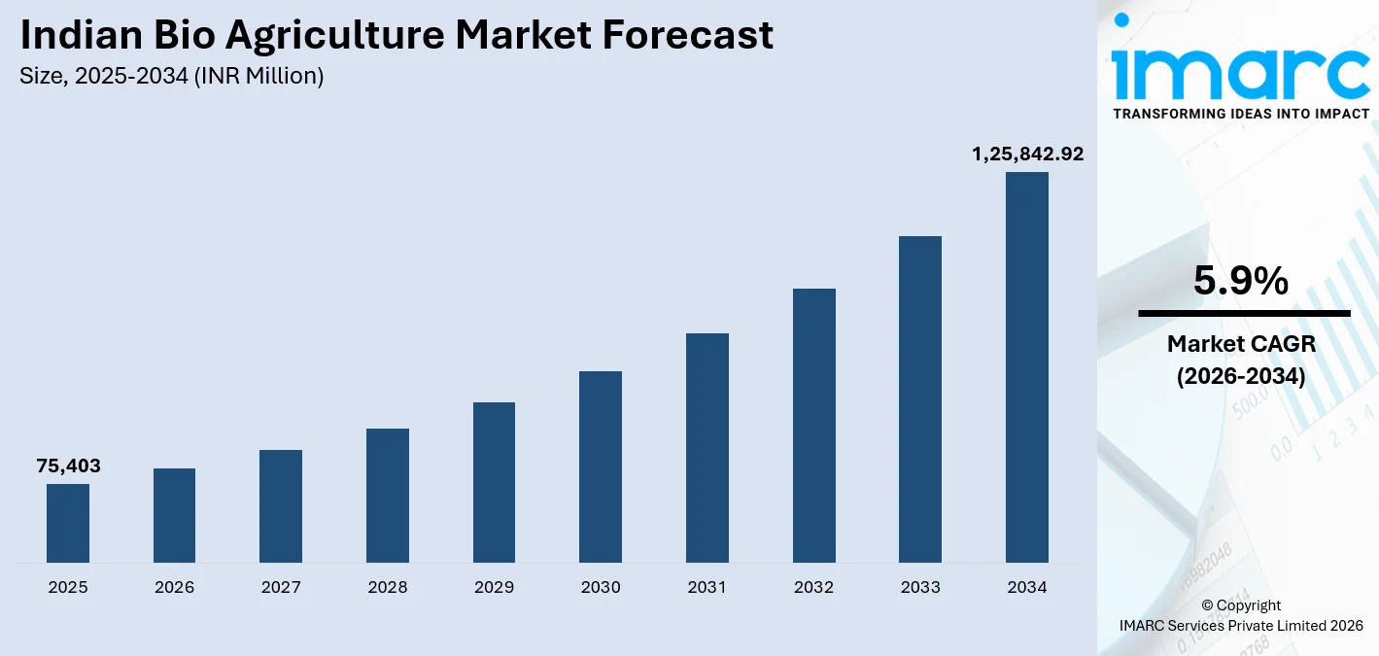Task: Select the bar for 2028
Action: point(388,496)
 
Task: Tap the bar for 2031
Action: point(707,448)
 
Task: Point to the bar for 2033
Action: point(920,399)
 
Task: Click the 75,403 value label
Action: point(68,466)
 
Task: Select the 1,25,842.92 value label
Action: point(1027,154)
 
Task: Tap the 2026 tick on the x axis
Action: point(175,587)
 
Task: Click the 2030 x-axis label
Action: point(601,587)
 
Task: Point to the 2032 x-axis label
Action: point(813,587)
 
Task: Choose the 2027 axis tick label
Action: point(281,587)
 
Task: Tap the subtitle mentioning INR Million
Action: point(172,76)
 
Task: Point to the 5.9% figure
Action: point(1241,282)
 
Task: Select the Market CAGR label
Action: point(1241,343)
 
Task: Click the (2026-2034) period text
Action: point(1241,376)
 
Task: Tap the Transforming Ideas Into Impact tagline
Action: point(1241,114)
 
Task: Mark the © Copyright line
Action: point(1241,605)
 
